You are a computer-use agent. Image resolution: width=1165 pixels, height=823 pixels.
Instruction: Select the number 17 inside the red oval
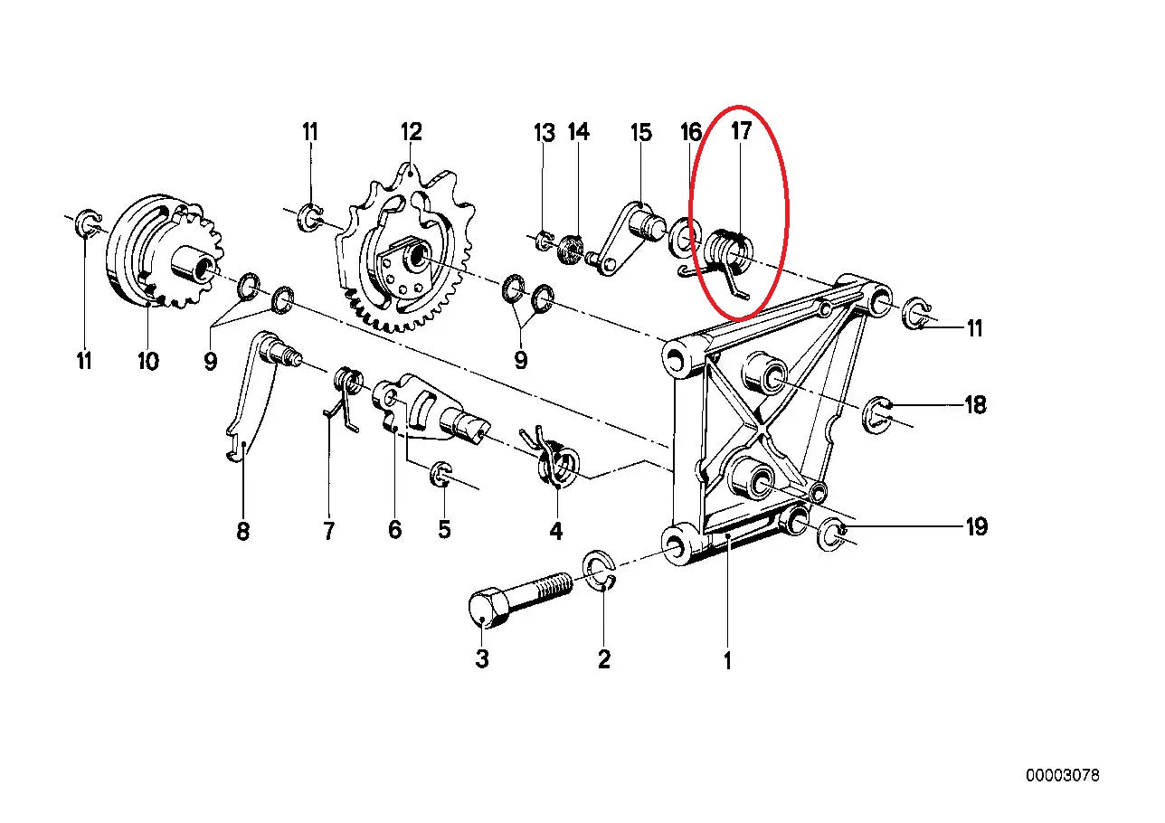click(x=741, y=131)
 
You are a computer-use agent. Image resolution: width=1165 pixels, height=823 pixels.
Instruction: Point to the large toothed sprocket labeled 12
click(x=405, y=248)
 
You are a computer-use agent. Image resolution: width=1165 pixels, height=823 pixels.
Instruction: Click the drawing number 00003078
click(x=1063, y=776)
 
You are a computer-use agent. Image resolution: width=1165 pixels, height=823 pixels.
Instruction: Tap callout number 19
click(x=976, y=526)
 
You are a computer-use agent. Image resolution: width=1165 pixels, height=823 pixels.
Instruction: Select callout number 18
click(x=975, y=404)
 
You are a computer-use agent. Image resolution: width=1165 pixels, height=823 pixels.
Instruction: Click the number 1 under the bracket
click(x=727, y=661)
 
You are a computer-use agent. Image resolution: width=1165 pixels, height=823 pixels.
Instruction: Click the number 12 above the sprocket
click(x=411, y=132)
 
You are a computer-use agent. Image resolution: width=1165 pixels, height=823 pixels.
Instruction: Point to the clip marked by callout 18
click(x=878, y=414)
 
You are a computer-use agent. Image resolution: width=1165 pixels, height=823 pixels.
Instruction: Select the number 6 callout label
click(x=394, y=530)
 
